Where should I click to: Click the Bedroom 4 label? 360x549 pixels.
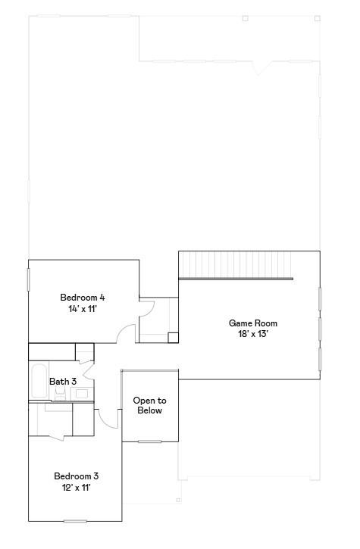pos(83,297)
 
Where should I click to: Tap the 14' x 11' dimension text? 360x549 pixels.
pos(83,309)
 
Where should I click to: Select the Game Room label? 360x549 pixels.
pos(248,323)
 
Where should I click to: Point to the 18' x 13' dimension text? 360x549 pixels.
pos(248,334)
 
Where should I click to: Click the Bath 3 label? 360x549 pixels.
pos(63,382)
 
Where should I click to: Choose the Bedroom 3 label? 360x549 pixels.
pos(76,476)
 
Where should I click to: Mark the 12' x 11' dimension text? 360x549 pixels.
pos(76,488)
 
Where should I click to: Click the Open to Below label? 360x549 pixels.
pos(149,405)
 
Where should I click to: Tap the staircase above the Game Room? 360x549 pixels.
pos(235,266)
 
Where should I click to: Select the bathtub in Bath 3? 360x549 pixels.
pos(38,382)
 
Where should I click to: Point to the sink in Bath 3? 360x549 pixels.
pos(82,393)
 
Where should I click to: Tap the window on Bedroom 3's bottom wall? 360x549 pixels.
pos(75,520)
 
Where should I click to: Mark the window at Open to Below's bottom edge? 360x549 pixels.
pos(149,441)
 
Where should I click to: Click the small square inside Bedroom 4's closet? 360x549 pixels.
pos(173,338)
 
